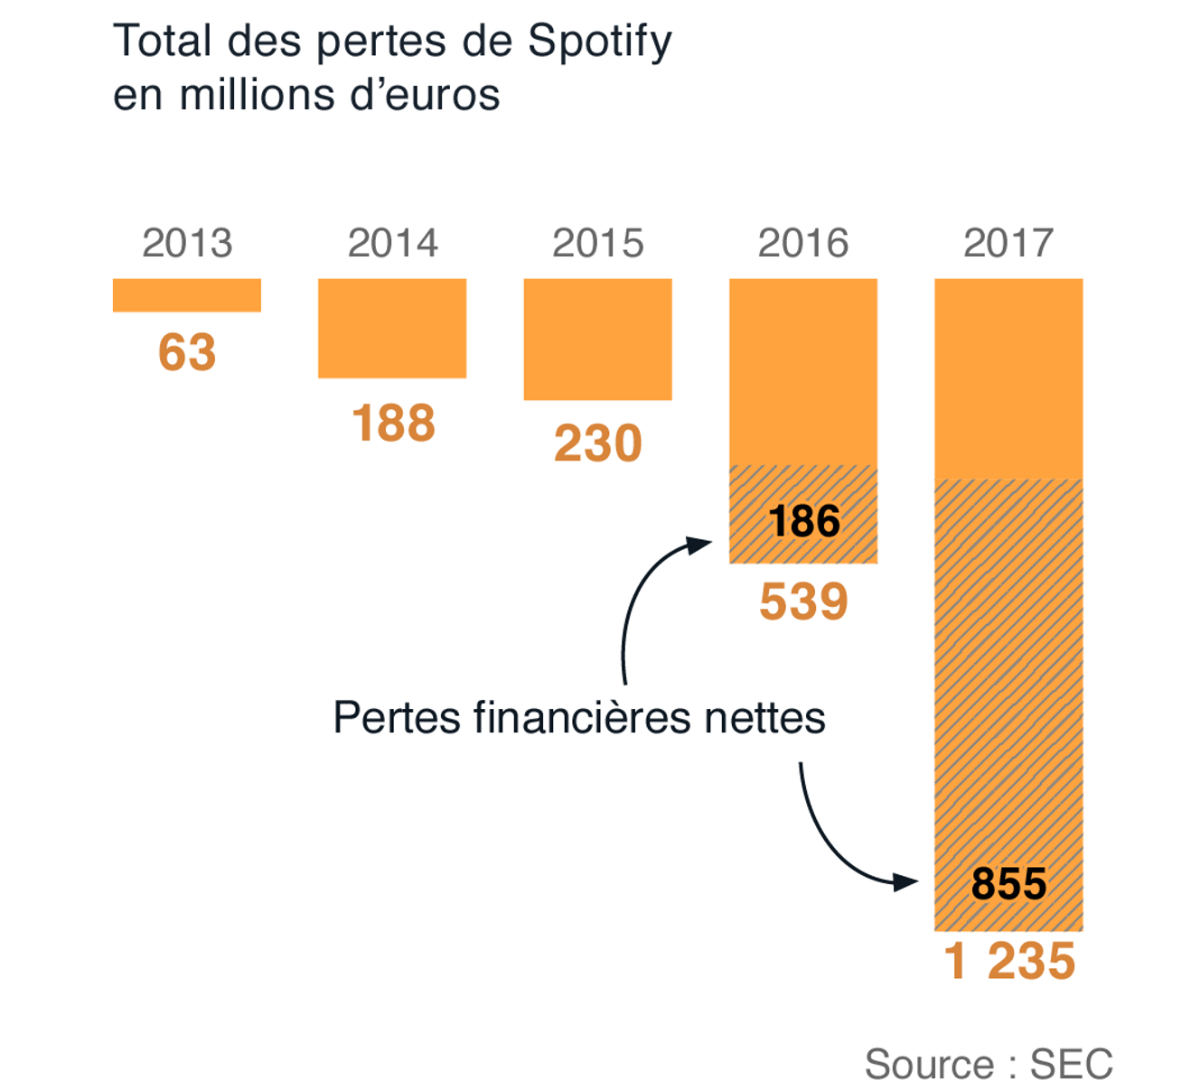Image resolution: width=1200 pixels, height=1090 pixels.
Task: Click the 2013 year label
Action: pyautogui.click(x=187, y=243)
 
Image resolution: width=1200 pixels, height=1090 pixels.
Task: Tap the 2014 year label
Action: pyautogui.click(x=392, y=243)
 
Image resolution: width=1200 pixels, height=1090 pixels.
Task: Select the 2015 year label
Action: pyautogui.click(x=597, y=243)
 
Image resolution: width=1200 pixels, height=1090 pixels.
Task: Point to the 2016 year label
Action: pyautogui.click(x=803, y=243)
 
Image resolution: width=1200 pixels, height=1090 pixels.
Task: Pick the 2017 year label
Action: pyautogui.click(x=1008, y=243)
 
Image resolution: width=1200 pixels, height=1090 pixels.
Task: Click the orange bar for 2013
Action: pyautogui.click(x=187, y=295)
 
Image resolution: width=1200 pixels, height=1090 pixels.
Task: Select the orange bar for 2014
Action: pyautogui.click(x=392, y=328)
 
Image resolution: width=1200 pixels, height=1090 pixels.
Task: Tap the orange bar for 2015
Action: pyautogui.click(x=597, y=339)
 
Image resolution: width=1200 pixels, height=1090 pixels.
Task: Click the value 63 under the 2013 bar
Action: pyautogui.click(x=187, y=352)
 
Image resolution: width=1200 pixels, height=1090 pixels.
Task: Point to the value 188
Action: pyautogui.click(x=393, y=423)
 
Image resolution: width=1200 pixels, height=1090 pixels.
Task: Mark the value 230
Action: pyautogui.click(x=597, y=443)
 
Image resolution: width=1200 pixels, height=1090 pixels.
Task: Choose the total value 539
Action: pyautogui.click(x=803, y=601)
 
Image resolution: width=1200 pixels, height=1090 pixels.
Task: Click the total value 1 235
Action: pyautogui.click(x=1009, y=961)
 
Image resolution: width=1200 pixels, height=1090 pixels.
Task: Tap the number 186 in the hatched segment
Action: pyautogui.click(x=804, y=521)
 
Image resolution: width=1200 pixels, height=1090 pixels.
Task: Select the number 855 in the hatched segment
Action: pyautogui.click(x=1008, y=883)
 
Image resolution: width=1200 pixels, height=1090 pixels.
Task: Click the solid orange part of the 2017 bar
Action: pyautogui.click(x=1008, y=378)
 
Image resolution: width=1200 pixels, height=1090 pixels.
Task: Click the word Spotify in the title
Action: pyautogui.click(x=599, y=42)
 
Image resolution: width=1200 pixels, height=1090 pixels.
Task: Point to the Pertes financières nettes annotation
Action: pyautogui.click(x=579, y=718)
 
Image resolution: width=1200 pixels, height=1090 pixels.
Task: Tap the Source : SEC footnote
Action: pyautogui.click(x=989, y=1064)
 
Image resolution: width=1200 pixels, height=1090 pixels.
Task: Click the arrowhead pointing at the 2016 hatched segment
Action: pyautogui.click(x=699, y=544)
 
